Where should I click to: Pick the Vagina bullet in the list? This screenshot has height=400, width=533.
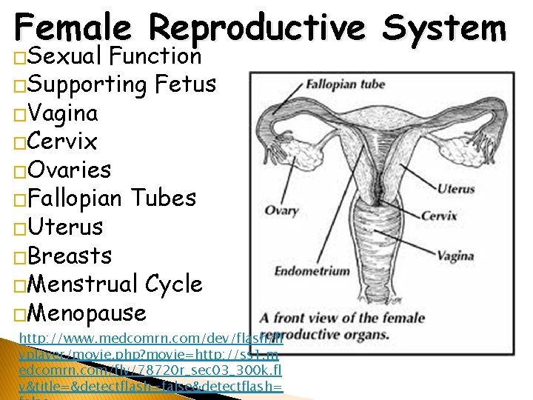62,113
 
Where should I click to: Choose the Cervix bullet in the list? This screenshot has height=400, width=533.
62,141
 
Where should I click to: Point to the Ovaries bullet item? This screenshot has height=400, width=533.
70,170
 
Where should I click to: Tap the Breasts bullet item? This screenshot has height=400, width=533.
71,256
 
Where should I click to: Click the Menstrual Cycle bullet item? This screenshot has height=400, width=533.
115,284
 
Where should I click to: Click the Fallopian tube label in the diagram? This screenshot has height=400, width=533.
346,84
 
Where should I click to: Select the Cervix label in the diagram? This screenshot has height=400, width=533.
439,216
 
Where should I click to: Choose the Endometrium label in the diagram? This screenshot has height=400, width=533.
312,271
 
